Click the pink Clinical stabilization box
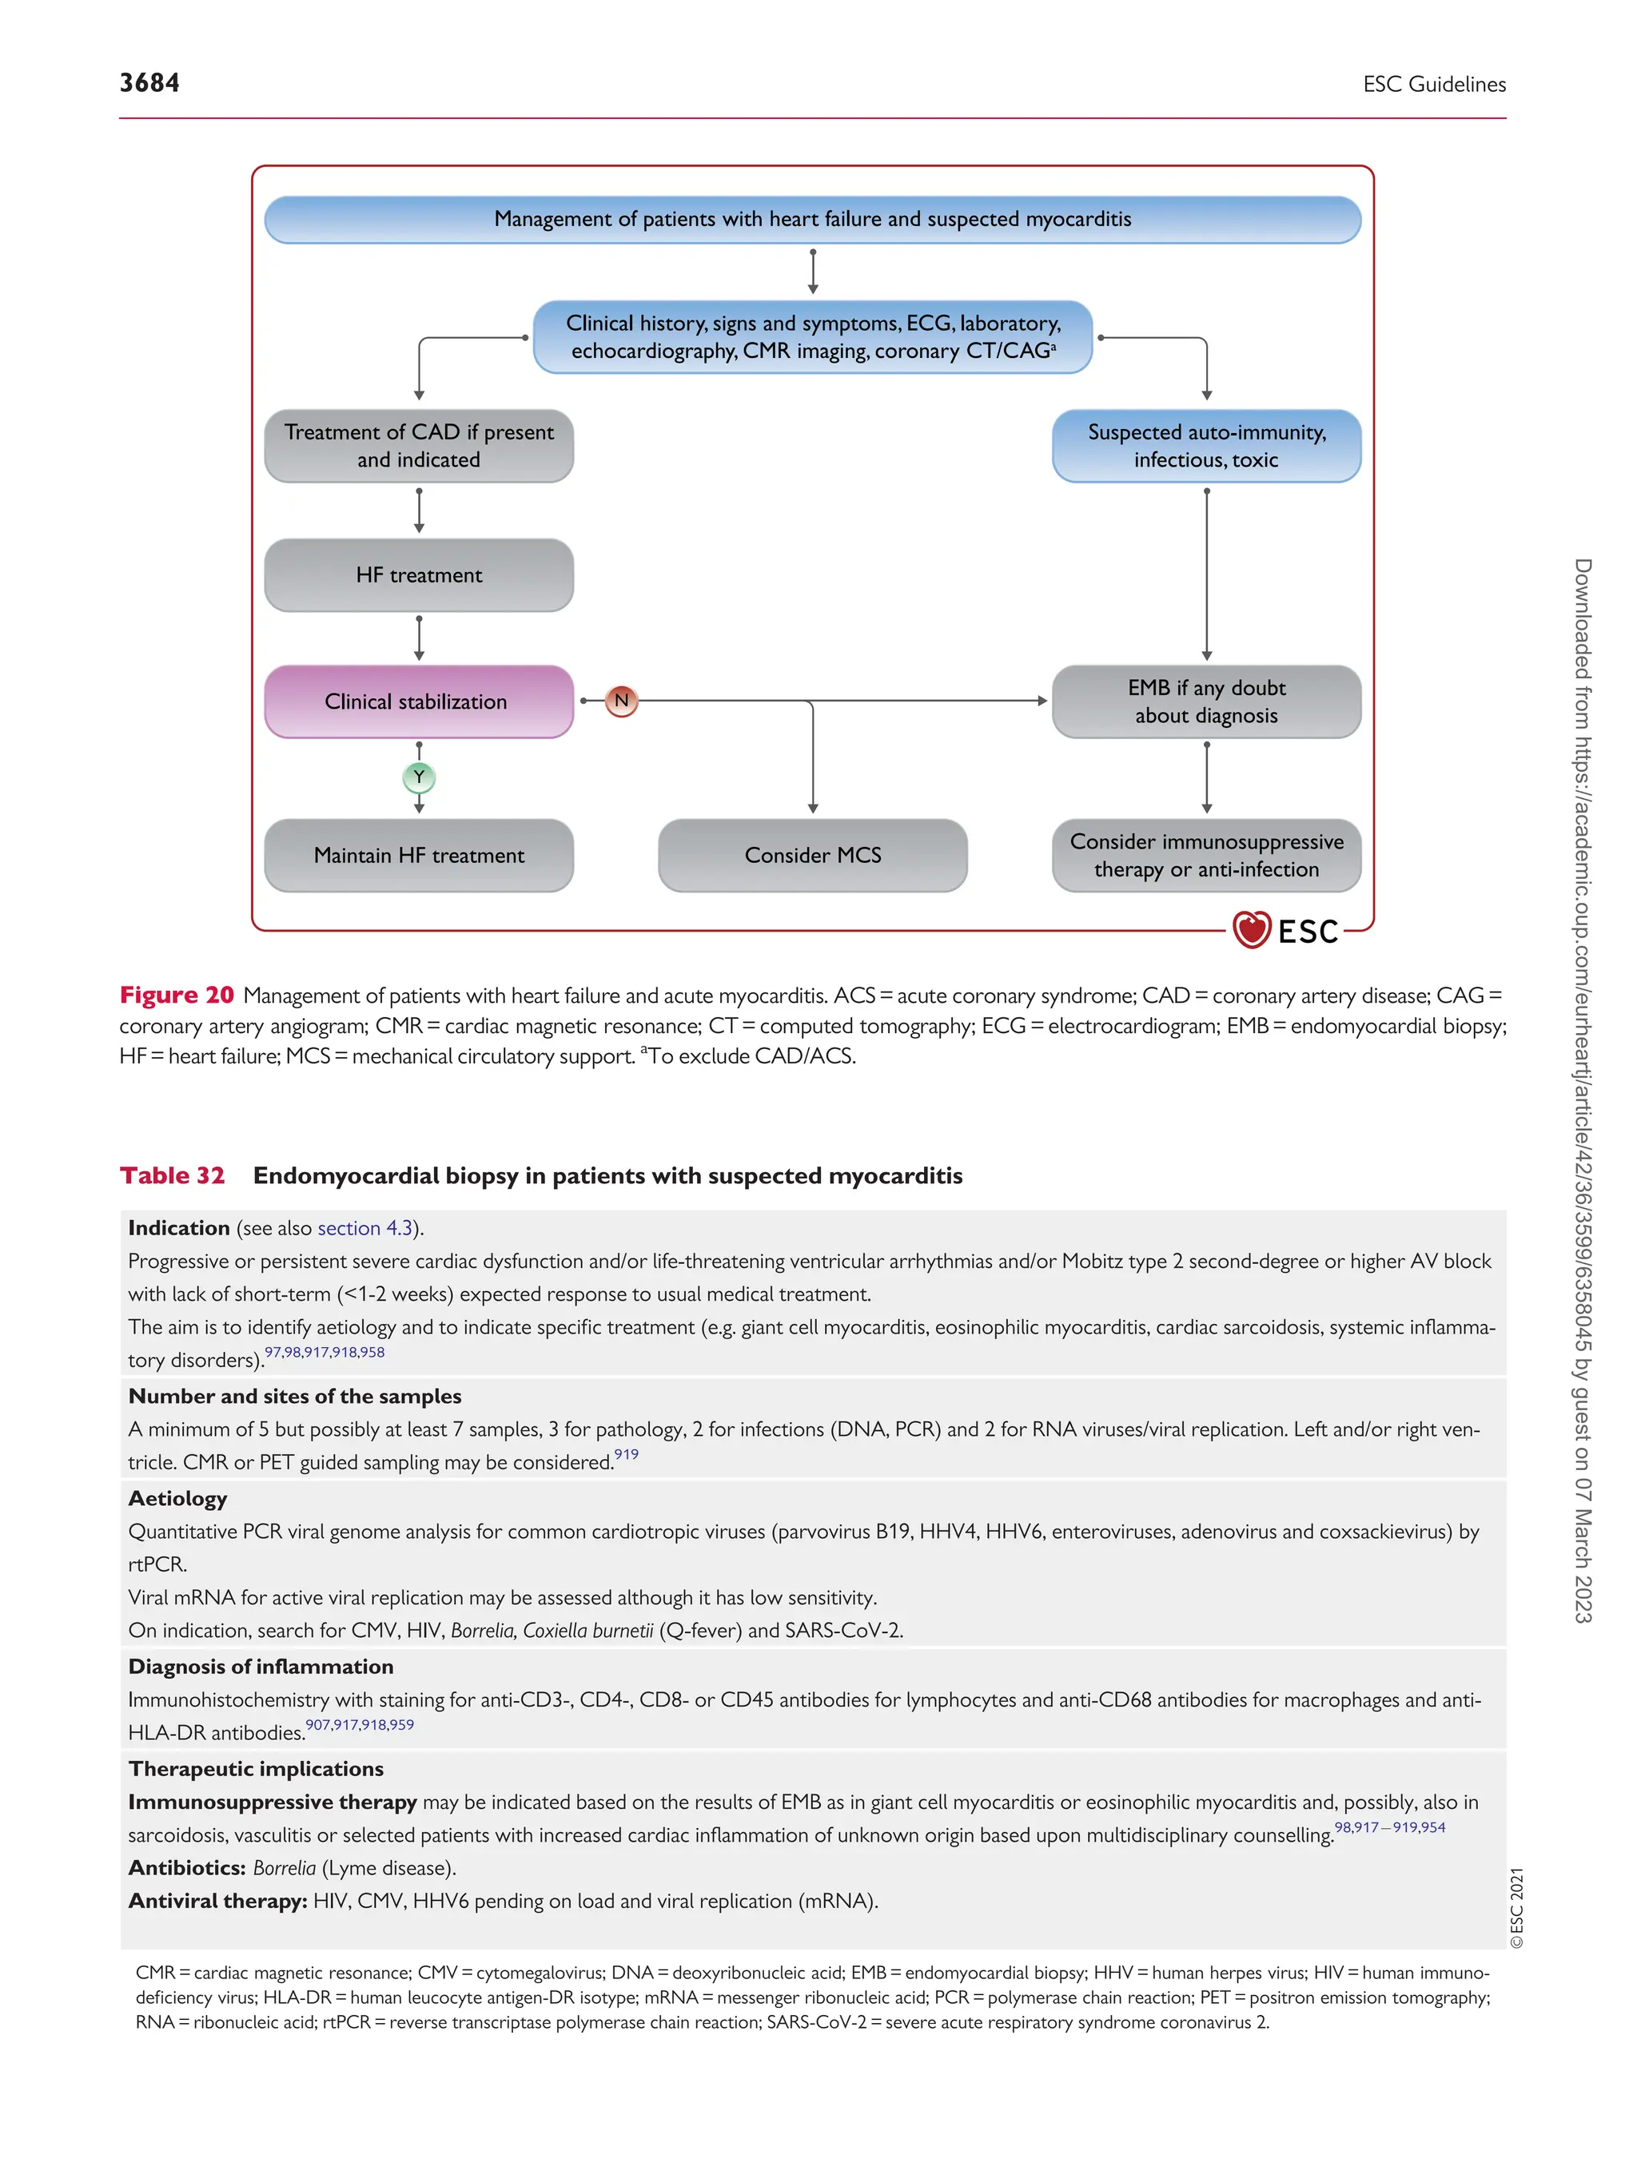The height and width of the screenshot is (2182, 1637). [418, 701]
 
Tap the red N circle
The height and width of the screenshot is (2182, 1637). [620, 701]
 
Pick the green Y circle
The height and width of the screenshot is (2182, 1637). [418, 777]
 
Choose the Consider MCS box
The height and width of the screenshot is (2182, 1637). [812, 855]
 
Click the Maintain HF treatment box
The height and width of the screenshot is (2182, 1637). [418, 855]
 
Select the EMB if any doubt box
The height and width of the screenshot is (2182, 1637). [1206, 701]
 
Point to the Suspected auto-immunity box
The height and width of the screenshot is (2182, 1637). [1206, 446]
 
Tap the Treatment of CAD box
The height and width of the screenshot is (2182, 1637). [418, 446]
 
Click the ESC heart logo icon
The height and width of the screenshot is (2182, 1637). [1251, 929]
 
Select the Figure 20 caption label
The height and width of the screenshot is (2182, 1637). [177, 995]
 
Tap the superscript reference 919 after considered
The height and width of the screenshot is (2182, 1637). [626, 1454]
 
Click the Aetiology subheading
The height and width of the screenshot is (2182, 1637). [177, 1498]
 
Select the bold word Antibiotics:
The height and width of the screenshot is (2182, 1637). [186, 1867]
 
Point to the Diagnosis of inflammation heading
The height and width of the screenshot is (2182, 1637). [261, 1666]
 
